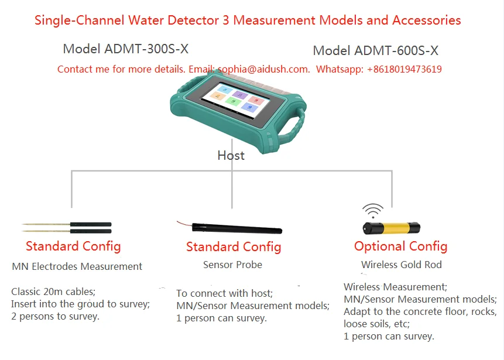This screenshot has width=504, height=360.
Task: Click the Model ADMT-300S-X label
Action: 125,49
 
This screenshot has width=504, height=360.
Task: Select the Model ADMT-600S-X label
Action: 375,51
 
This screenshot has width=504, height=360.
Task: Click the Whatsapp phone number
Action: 404,69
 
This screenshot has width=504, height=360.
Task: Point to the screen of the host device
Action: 237,99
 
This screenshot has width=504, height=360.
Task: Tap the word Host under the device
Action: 231,155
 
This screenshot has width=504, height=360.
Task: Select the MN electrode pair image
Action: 67,227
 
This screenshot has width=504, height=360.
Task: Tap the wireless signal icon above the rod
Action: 373,210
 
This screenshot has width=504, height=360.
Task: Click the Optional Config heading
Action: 400,246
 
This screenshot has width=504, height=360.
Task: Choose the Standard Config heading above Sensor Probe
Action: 234,247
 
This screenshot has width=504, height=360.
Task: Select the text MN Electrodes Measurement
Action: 77,266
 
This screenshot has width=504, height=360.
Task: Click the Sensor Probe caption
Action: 232,265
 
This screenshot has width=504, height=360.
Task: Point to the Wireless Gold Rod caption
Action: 401,265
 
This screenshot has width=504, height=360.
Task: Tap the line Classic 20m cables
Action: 53,291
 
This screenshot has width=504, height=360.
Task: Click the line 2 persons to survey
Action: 55,317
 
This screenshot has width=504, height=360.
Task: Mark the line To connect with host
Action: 224,293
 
